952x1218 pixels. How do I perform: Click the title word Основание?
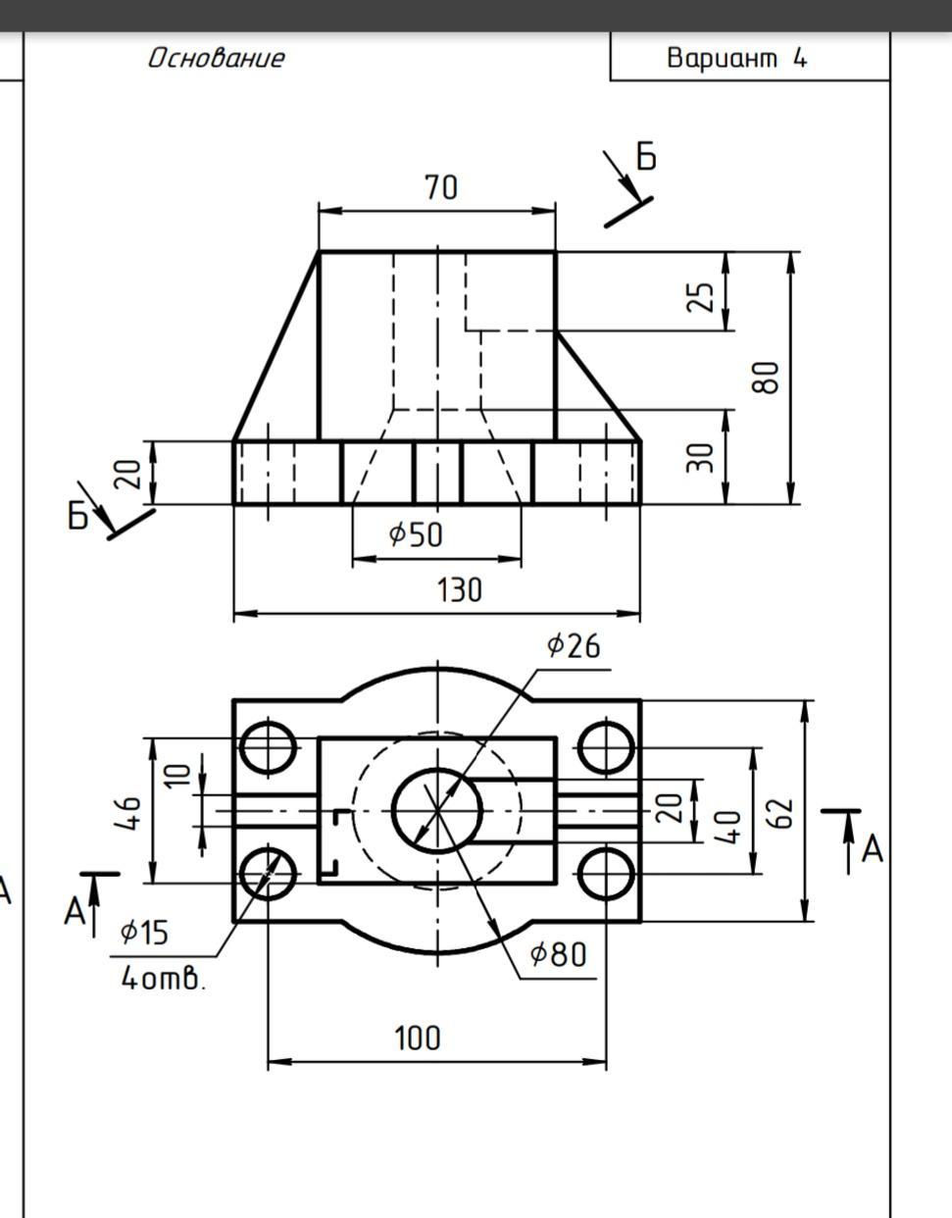pos(217,58)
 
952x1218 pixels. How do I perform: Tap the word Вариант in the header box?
pos(723,58)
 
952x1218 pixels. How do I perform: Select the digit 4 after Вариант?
pos(800,58)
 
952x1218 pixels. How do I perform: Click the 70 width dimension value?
pos(441,187)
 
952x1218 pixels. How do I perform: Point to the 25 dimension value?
pos(701,296)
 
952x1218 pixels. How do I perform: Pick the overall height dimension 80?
pos(766,378)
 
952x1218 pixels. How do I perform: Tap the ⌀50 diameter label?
pos(416,534)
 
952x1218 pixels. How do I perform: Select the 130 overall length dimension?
pos(459,590)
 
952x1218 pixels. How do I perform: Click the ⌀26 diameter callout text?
pos(574,645)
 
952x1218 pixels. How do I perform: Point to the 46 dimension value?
pos(127,813)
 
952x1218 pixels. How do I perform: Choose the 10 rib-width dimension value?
pos(178,775)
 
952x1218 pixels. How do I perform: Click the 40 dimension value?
pos(728,826)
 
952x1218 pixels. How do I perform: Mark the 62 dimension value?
pos(780,813)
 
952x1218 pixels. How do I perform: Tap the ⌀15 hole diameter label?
pos(144,933)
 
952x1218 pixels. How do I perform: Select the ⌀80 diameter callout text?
pos(558,954)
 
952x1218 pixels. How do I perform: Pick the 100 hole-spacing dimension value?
pos(418,1038)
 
